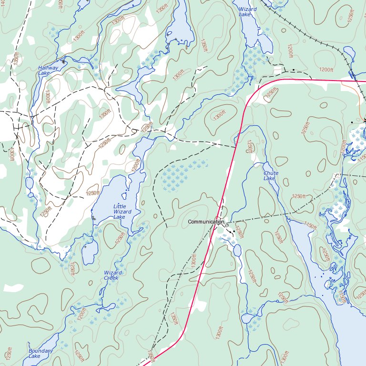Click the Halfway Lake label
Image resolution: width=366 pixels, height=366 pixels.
48,71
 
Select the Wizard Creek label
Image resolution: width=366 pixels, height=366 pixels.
112,275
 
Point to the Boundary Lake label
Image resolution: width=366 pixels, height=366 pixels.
41,353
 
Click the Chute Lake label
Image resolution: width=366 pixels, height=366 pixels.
270,175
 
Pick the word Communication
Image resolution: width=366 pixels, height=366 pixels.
205,222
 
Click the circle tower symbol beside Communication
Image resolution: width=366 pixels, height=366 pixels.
227,225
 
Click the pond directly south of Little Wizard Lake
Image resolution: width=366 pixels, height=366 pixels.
89,251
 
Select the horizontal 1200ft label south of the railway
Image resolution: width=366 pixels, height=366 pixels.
326,70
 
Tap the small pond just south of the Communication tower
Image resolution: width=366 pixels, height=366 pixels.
237,250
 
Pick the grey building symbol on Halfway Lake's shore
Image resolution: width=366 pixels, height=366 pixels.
63,61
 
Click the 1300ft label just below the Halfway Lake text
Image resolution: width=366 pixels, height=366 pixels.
48,97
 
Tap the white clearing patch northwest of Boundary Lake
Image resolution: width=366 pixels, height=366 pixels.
13,288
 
